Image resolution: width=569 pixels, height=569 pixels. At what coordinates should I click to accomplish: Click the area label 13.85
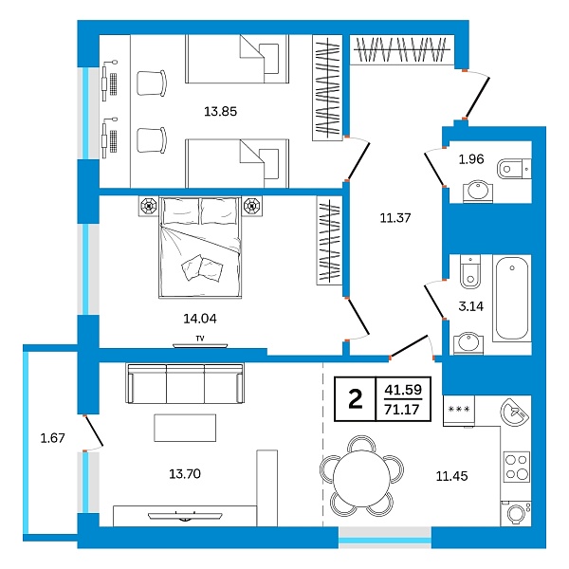tap(220, 111)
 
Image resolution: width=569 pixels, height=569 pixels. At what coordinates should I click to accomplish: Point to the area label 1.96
tap(471, 158)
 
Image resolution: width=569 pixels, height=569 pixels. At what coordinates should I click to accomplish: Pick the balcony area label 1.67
tap(52, 437)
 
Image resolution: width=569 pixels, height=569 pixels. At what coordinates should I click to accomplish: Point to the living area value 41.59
tap(403, 389)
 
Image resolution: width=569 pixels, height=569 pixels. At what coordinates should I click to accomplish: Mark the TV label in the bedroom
tap(199, 338)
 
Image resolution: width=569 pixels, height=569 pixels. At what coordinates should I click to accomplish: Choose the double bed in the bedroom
tap(199, 249)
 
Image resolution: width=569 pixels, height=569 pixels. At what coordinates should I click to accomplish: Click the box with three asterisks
tap(459, 409)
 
